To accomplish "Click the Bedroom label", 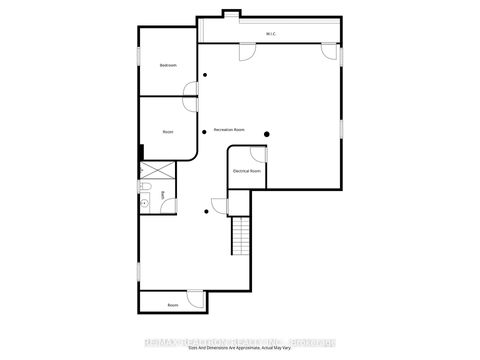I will pyautogui.click(x=168, y=66).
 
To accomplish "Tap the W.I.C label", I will pyautogui.click(x=270, y=34).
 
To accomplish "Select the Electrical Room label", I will pyautogui.click(x=246, y=171).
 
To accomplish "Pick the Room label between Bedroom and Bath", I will pyautogui.click(x=168, y=131).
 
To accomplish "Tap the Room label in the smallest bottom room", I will pyautogui.click(x=172, y=304).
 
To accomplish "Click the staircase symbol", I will pyautogui.click(x=241, y=236).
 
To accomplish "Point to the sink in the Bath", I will pyautogui.click(x=145, y=203).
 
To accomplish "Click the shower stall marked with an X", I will pyautogui.click(x=158, y=169).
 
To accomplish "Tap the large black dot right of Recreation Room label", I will pyautogui.click(x=267, y=134).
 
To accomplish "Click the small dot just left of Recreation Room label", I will pyautogui.click(x=206, y=131).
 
